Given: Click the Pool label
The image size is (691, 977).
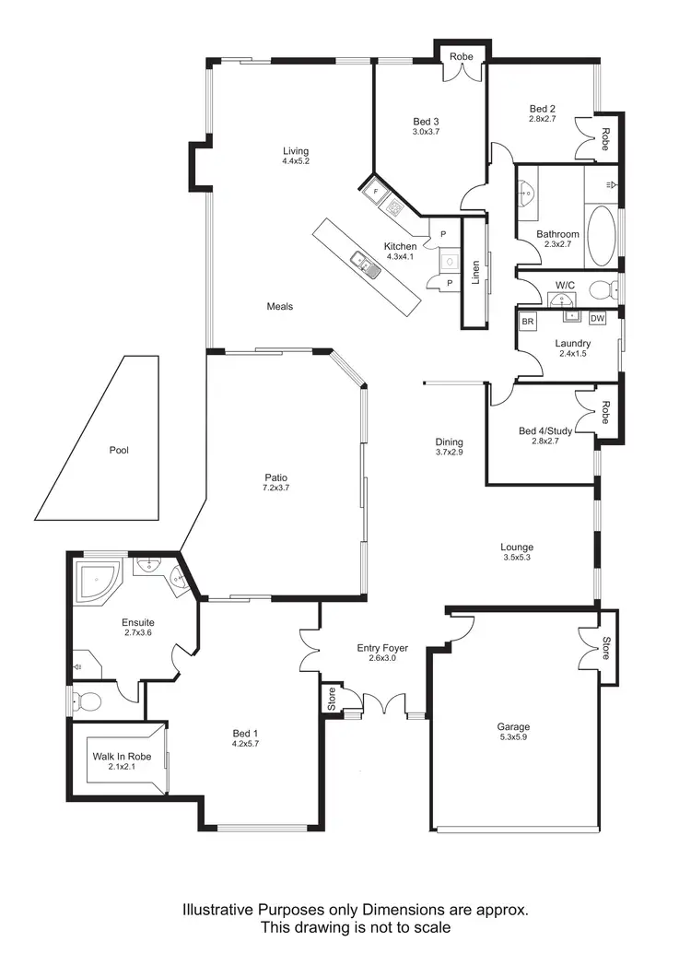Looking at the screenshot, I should point(119,451).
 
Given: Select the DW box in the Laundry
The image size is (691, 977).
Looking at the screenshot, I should point(597,320).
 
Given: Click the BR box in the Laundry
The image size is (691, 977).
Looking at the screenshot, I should point(528,322).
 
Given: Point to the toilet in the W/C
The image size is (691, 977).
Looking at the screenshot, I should point(603,290).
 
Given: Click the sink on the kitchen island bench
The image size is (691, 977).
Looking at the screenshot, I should point(365,266).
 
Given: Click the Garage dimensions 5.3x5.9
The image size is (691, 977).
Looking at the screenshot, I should point(513,738).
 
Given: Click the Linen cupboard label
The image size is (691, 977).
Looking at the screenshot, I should point(475,273).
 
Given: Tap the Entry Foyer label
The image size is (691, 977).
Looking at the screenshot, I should point(382,648).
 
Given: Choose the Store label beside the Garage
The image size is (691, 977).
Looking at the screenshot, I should point(605,649).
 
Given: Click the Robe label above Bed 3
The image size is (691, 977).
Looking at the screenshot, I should point(462,57).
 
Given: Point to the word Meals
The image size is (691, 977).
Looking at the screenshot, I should point(280,306).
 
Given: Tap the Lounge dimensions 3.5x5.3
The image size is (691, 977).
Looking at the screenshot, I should point(518,558).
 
